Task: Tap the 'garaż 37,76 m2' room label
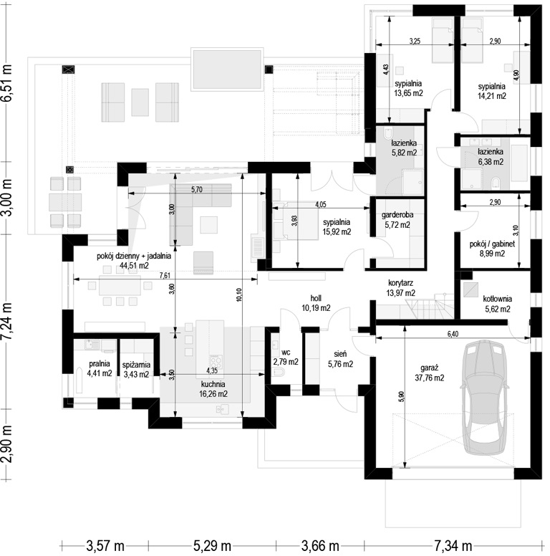tap(429, 373)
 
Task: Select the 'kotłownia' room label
tap(497, 299)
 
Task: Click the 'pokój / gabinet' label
tap(492, 244)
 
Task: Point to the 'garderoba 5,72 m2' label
tap(397, 219)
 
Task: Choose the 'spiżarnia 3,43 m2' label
tap(136, 369)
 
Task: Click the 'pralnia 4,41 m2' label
tap(100, 368)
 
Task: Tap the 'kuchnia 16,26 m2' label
tap(213, 388)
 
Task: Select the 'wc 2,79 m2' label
tap(286, 357)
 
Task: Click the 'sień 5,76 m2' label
tap(340, 358)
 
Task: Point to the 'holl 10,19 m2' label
tap(316, 303)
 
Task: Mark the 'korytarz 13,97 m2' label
tap(400, 288)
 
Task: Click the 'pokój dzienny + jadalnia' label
tap(134, 256)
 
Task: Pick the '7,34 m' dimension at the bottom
tap(453, 546)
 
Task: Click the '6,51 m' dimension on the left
tap(6, 83)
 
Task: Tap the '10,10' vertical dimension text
tap(239, 294)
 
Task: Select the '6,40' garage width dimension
tap(453, 334)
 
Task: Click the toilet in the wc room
tap(279, 373)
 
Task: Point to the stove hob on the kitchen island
tap(216, 362)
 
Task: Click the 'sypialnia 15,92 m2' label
tap(337, 227)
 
